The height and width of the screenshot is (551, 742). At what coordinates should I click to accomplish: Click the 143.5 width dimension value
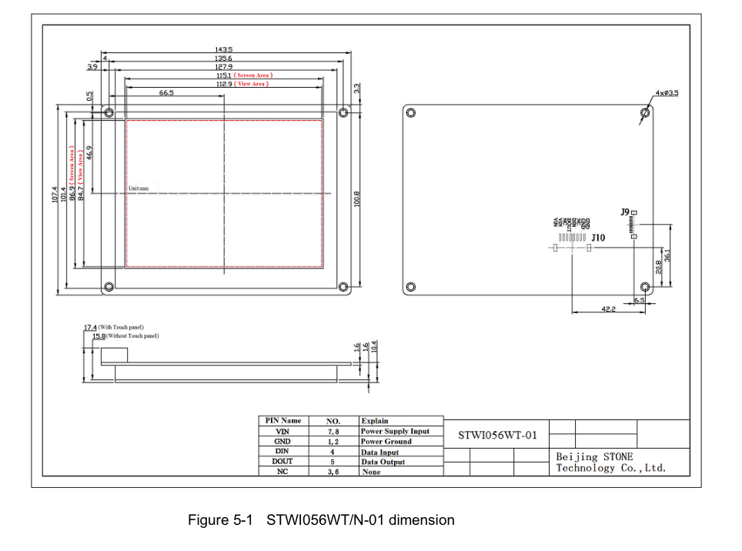pyautogui.click(x=224, y=49)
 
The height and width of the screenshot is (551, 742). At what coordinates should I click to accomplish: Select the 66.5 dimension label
pyautogui.click(x=166, y=92)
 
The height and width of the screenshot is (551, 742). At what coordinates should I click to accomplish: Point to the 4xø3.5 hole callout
pyautogui.click(x=667, y=93)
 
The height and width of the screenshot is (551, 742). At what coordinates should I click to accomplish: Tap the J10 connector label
pyautogui.click(x=598, y=238)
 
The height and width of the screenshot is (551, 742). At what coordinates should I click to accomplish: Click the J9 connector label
pyautogui.click(x=625, y=211)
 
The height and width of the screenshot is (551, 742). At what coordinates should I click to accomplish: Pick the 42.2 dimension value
pyautogui.click(x=608, y=309)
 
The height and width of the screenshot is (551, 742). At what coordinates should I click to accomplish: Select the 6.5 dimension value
pyautogui.click(x=640, y=299)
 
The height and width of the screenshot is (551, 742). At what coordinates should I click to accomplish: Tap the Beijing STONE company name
pyautogui.click(x=595, y=456)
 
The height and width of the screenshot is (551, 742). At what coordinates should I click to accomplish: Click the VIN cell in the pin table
pyautogui.click(x=282, y=432)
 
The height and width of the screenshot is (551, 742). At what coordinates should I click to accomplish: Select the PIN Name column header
pyautogui.click(x=282, y=421)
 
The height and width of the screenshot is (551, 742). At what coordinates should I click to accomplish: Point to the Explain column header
pyautogui.click(x=375, y=421)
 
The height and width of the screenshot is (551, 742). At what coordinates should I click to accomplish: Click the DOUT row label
pyautogui.click(x=282, y=462)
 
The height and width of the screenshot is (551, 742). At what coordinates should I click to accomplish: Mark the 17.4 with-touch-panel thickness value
pyautogui.click(x=90, y=328)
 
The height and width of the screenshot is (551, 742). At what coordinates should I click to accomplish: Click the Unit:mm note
pyautogui.click(x=139, y=189)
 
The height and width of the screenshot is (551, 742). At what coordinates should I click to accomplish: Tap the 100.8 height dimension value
pyautogui.click(x=356, y=199)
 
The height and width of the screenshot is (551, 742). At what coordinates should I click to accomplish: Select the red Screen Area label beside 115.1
pyautogui.click(x=255, y=75)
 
